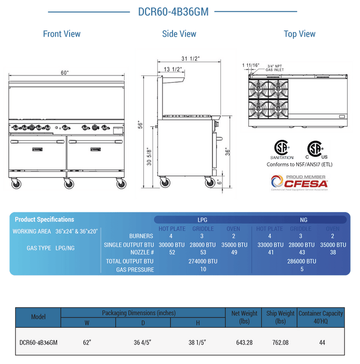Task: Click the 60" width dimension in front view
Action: coord(64,73)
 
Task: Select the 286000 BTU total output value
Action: coord(301,261)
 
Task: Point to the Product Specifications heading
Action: coord(44,219)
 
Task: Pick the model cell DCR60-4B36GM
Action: coord(38,342)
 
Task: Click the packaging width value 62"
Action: coord(87,342)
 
